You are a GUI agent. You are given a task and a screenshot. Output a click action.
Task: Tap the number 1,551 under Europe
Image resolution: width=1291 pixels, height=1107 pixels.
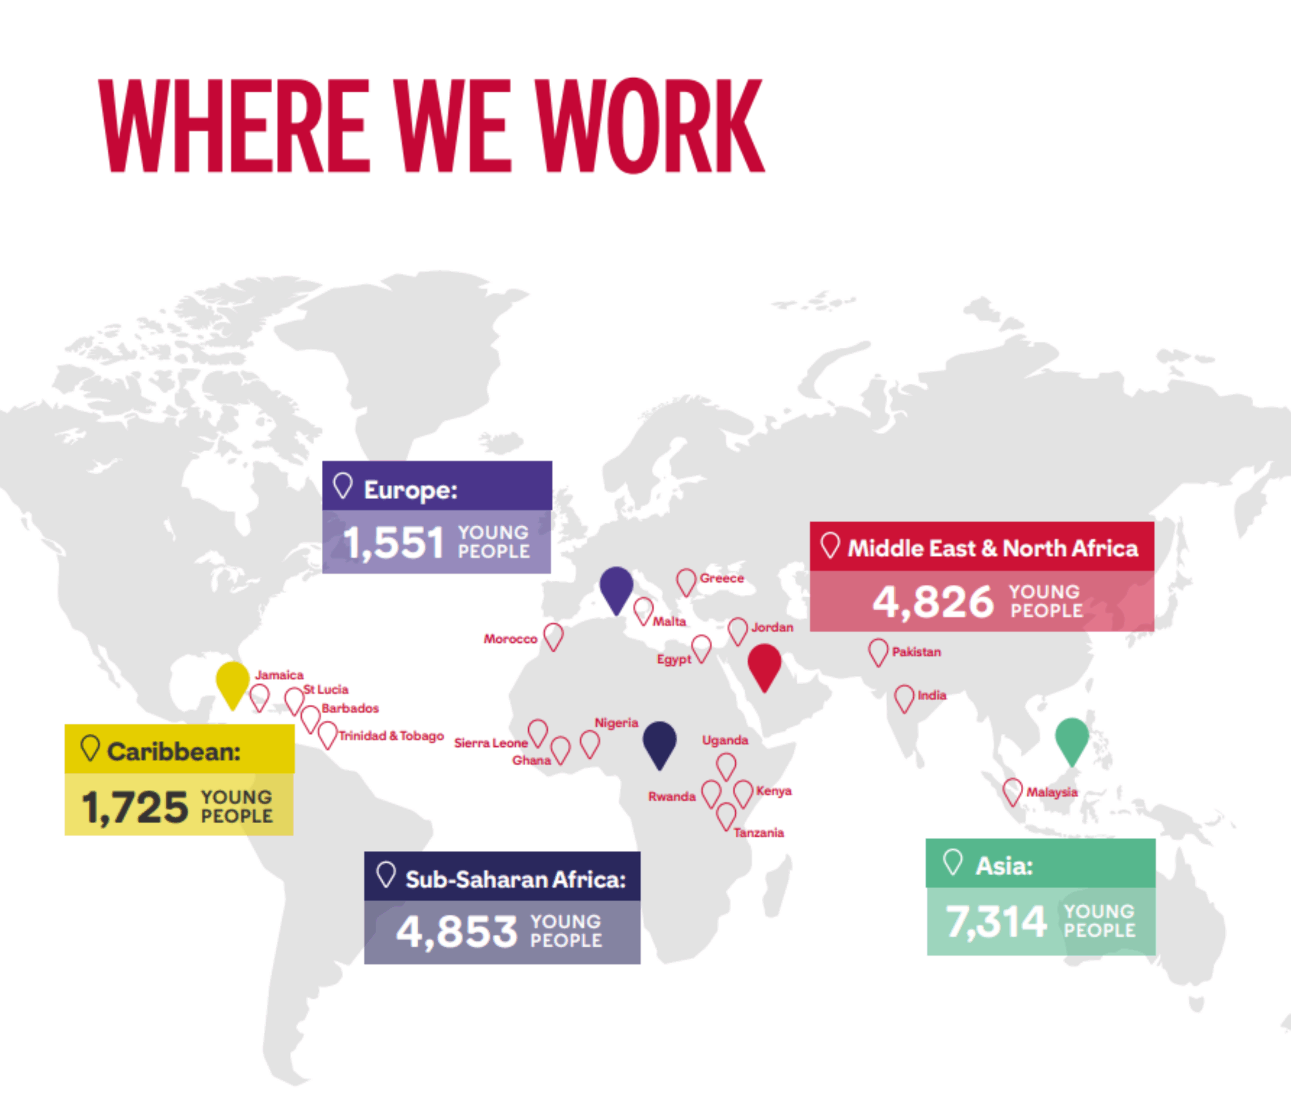tap(393, 542)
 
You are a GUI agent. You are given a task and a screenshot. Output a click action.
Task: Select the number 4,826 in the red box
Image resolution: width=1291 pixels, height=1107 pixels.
tap(933, 602)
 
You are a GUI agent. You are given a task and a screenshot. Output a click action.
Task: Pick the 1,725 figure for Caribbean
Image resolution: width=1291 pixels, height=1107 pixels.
tap(135, 808)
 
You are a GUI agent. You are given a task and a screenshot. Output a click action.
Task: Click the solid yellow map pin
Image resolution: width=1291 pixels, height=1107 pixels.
tap(232, 683)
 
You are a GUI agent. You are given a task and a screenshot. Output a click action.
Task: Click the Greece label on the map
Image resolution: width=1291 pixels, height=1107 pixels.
tap(722, 578)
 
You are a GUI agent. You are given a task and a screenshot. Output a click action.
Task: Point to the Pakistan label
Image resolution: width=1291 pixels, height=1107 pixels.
tap(916, 652)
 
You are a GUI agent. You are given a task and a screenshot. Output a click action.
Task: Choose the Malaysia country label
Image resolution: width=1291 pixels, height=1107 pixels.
tap(1052, 792)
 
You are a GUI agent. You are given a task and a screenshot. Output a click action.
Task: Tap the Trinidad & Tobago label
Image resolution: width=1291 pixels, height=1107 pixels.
tap(391, 735)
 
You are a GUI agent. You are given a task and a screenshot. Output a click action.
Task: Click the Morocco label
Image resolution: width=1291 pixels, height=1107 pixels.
tap(510, 639)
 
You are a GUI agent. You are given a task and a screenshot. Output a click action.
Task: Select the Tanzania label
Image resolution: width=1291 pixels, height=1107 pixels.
tap(758, 832)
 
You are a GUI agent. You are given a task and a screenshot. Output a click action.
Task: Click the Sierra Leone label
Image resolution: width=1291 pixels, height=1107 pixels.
tap(490, 743)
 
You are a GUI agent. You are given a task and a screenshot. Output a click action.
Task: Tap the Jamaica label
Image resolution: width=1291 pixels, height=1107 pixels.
tap(279, 674)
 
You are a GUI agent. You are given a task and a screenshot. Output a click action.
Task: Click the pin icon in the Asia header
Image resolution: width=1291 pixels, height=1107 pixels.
tap(953, 862)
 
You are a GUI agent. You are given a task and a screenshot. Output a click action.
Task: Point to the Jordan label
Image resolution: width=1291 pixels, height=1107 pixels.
tap(772, 627)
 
